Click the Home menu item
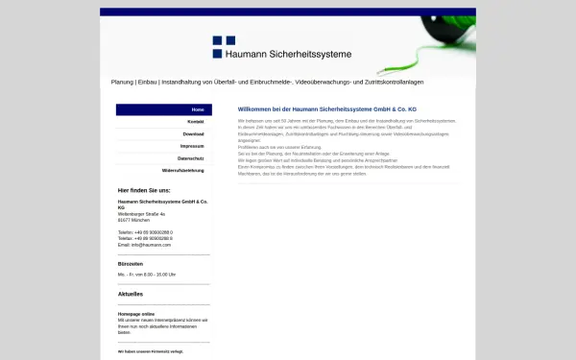point(197,110)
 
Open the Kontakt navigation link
point(196,122)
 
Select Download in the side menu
point(194,134)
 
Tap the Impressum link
point(192,146)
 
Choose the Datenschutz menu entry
point(190,157)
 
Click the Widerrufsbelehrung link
point(183,170)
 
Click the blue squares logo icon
point(224,46)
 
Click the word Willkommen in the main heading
point(254,110)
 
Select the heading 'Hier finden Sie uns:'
point(144,190)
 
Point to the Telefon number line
point(145,232)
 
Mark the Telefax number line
point(145,239)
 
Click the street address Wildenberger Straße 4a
point(142,214)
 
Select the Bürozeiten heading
point(131,263)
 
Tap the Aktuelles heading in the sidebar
point(131,294)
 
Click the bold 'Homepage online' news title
point(135,314)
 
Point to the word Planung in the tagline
point(122,83)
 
